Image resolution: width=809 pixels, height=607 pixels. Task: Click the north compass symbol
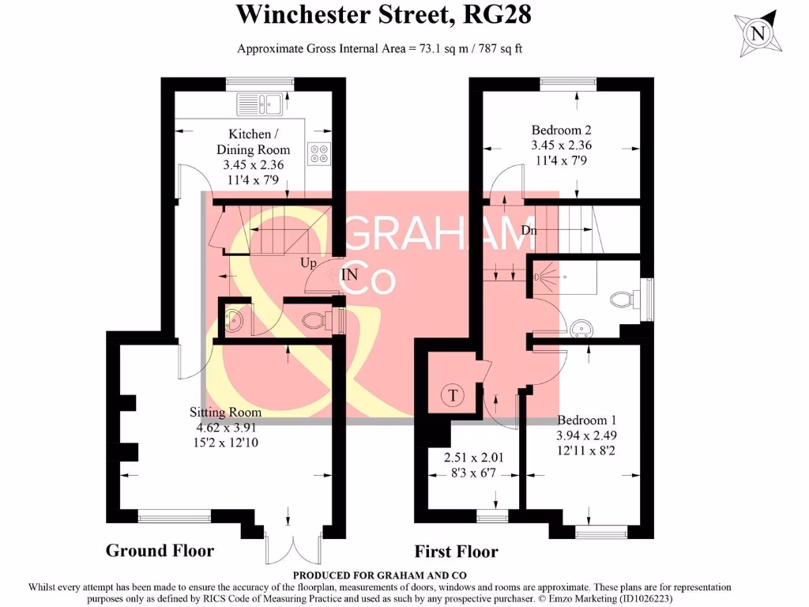tap(758, 33)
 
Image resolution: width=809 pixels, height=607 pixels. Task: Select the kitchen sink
tap(260, 103)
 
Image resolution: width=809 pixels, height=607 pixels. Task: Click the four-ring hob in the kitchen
tap(319, 153)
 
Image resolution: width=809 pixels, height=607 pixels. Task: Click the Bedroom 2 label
tap(561, 130)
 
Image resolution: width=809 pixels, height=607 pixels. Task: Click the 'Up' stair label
tap(308, 262)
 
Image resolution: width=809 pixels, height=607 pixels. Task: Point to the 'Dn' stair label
tap(530, 230)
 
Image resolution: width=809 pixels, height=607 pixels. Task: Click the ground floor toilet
tap(317, 319)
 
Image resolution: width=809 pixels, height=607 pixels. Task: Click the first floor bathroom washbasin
tap(582, 328)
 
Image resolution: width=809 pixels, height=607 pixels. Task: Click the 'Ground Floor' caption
tap(160, 551)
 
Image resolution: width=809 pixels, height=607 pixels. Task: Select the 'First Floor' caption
tap(456, 552)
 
